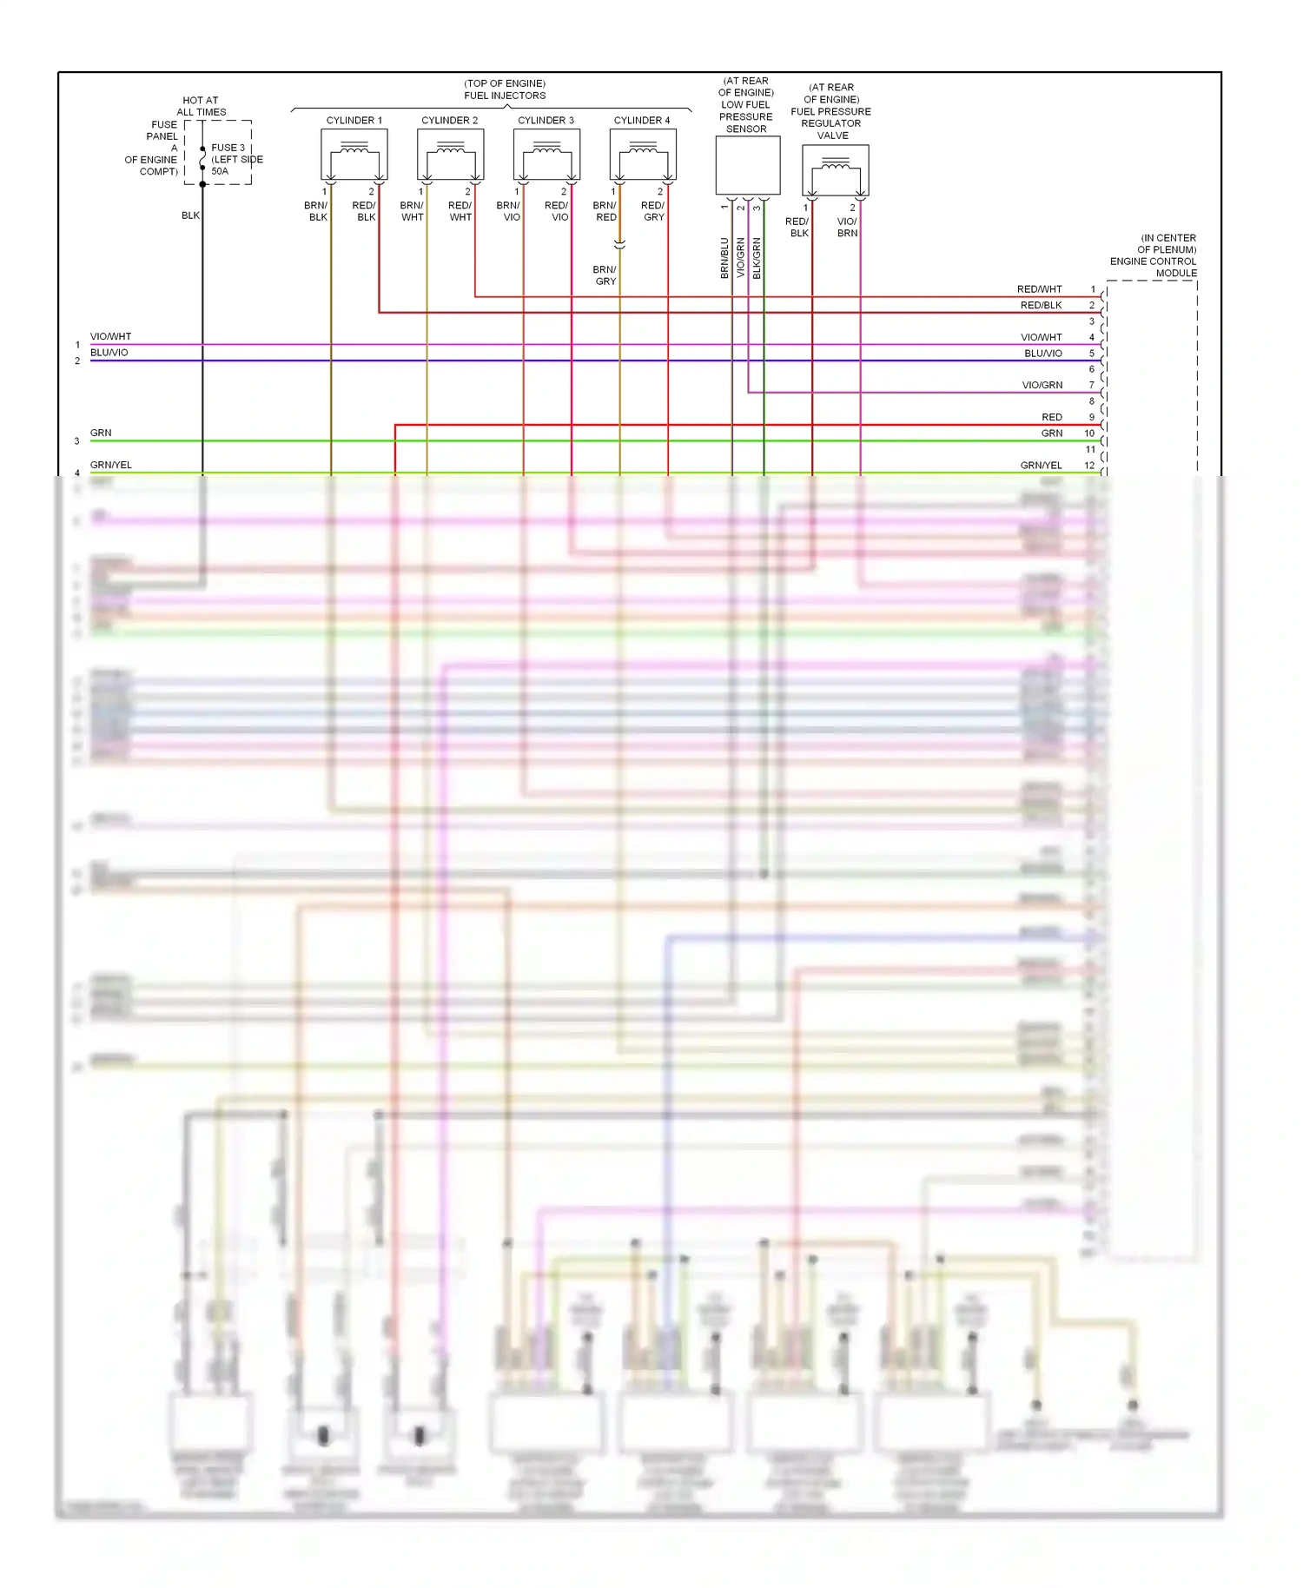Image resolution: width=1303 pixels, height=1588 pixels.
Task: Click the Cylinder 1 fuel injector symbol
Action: click(x=354, y=155)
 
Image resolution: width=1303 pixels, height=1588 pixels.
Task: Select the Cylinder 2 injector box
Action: click(x=450, y=155)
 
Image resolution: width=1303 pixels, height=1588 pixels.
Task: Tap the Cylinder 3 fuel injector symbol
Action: click(x=546, y=155)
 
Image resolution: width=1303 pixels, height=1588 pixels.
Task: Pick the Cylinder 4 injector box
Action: click(x=643, y=155)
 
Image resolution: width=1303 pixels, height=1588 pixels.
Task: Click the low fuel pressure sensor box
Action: click(x=747, y=165)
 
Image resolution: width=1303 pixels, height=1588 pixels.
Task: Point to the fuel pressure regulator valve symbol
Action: click(x=835, y=170)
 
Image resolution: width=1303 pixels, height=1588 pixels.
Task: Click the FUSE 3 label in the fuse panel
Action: click(x=228, y=148)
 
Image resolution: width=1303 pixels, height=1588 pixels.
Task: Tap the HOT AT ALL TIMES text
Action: click(x=201, y=106)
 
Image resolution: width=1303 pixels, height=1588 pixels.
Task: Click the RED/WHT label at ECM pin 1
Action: click(x=1039, y=289)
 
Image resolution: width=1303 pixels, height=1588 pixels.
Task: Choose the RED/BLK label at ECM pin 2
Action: click(x=1041, y=306)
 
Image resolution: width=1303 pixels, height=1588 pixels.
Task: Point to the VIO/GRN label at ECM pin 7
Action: click(x=1042, y=386)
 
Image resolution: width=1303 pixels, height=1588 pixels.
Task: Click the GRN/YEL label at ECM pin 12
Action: click(x=1041, y=466)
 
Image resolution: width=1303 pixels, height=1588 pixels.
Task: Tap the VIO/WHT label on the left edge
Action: click(x=110, y=337)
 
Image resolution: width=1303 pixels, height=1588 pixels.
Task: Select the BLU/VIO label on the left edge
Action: click(x=109, y=353)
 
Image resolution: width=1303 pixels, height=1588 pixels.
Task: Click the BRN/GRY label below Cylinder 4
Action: click(x=605, y=275)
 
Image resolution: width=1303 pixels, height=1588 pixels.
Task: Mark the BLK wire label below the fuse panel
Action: click(x=190, y=215)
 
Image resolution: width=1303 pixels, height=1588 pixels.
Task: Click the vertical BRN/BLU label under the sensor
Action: click(x=724, y=258)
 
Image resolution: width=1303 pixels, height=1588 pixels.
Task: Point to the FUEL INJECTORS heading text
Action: click(x=505, y=96)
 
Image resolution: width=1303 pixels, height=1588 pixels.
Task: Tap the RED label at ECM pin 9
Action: click(x=1051, y=418)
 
